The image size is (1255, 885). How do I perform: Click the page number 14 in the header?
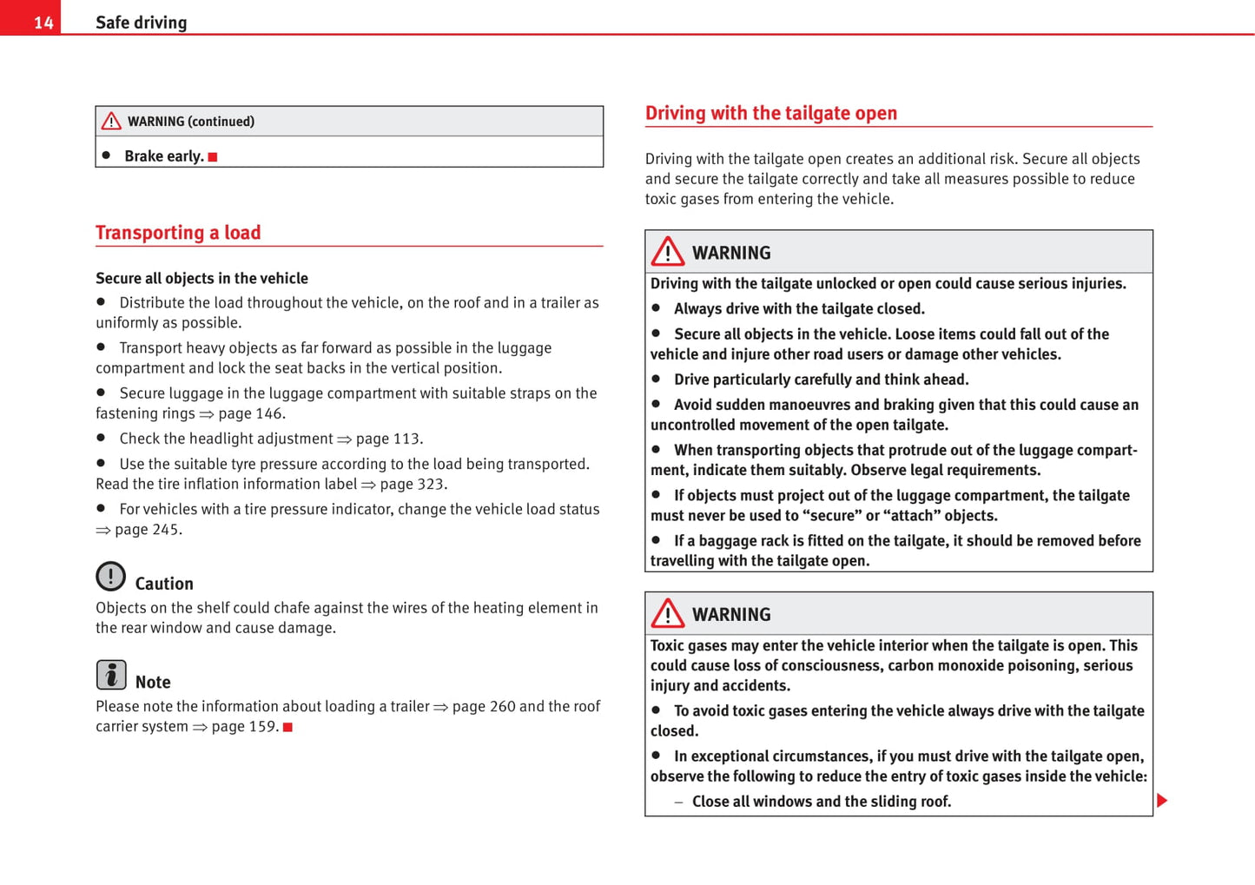coord(43,23)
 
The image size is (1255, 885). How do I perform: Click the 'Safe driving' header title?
coord(141,23)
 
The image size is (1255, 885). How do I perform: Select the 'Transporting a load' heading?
coord(178,233)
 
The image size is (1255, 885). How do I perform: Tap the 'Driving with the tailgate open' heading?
coord(770,113)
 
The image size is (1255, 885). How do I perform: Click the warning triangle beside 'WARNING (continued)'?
coord(111,122)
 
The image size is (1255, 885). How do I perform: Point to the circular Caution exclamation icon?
coord(110,576)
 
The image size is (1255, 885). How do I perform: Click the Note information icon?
coord(110,675)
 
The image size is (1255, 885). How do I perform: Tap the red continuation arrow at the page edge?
coord(1162,800)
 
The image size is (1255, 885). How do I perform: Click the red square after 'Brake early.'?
coord(213,157)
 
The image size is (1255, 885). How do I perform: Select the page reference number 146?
coord(268,413)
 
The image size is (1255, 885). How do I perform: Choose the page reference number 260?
coord(502,706)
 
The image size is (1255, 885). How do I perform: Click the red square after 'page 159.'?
coord(287,727)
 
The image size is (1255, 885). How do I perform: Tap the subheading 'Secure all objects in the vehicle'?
coord(201,278)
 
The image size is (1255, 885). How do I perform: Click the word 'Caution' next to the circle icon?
coord(164,584)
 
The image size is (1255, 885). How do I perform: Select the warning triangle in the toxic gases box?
coord(668,613)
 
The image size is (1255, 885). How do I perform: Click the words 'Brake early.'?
coord(164,156)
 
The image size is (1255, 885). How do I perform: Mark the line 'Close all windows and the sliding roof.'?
coord(821,801)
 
